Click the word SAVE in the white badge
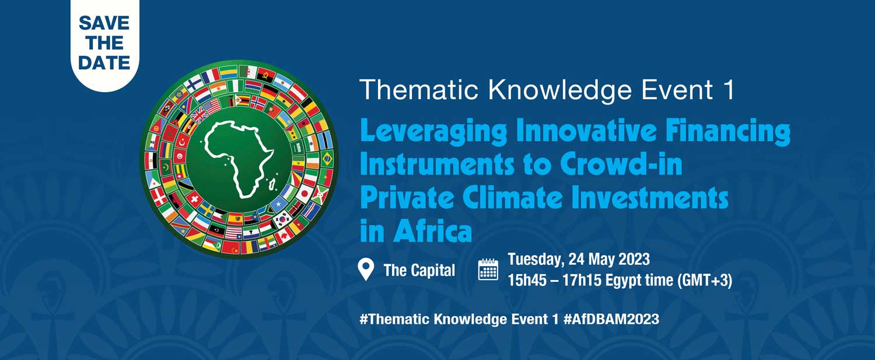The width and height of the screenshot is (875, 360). [104, 23]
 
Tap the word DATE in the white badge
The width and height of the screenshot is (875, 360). [104, 63]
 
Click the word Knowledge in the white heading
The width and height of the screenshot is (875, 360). [560, 90]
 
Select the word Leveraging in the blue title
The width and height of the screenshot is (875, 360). [433, 132]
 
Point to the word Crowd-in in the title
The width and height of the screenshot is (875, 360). [621, 165]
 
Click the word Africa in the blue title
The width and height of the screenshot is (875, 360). [433, 231]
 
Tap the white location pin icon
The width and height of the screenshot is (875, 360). [366, 270]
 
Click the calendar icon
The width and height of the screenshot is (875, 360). [488, 270]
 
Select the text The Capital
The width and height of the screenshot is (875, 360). [419, 270]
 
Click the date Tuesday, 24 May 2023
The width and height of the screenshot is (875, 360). [579, 259]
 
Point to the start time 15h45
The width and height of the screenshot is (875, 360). [527, 280]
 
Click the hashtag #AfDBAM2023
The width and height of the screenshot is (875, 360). [611, 319]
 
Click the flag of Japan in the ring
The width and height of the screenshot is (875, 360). [304, 193]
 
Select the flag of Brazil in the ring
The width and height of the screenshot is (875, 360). [327, 159]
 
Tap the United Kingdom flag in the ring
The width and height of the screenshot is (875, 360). [198, 116]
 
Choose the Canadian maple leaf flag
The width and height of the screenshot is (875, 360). [283, 235]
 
